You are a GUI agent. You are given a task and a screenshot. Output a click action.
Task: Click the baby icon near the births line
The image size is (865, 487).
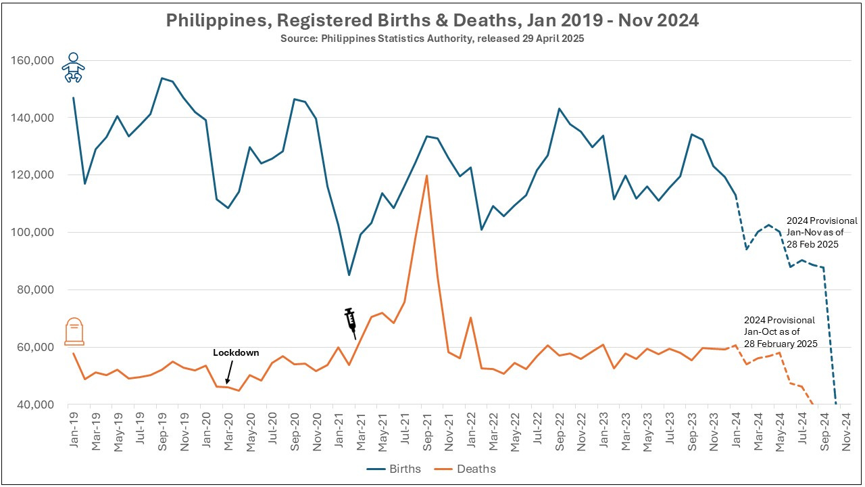[72, 68]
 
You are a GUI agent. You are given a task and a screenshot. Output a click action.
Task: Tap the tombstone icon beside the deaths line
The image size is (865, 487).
[74, 331]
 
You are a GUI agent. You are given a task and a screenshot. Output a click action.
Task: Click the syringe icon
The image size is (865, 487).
[351, 323]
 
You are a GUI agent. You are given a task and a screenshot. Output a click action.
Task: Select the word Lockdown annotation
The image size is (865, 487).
[236, 352]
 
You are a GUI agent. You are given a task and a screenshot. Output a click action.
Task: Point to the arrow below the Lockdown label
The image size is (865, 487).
[230, 373]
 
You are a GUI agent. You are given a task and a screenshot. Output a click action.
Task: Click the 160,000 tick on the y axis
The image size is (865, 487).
[32, 60]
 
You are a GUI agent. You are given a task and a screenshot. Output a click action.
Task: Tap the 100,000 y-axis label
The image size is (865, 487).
[32, 232]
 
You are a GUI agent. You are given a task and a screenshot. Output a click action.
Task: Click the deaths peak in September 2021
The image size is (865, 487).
[426, 176]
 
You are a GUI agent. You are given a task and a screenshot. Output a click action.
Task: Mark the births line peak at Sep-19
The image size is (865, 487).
[162, 78]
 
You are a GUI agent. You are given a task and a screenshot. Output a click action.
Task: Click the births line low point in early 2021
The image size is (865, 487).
[349, 275]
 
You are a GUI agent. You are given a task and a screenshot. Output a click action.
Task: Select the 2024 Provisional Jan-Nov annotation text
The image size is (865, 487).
[822, 232]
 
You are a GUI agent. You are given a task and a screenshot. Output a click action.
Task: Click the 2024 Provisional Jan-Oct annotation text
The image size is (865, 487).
[779, 331]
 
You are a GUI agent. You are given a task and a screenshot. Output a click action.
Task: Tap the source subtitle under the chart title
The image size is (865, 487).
[432, 39]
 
